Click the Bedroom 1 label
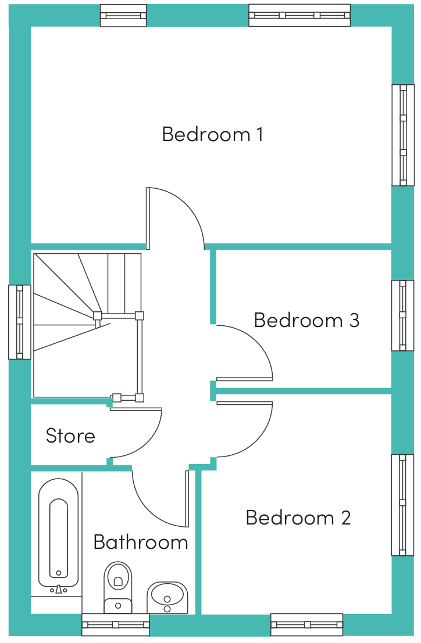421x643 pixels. click(213, 135)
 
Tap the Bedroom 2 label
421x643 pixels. click(298, 518)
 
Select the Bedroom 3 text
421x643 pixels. click(306, 320)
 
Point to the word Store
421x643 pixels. click(70, 436)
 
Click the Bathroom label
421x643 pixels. click(141, 542)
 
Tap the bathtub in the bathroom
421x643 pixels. click(59, 533)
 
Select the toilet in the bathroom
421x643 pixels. click(118, 587)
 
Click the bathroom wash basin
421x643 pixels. click(167, 598)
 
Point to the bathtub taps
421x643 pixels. click(59, 590)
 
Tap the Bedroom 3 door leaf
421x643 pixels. click(245, 379)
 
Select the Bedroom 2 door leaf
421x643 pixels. click(245, 403)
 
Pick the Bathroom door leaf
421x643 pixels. click(187, 498)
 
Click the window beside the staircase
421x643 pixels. click(20, 322)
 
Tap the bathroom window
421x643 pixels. click(116, 624)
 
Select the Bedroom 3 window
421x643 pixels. click(403, 316)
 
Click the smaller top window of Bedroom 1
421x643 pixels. click(123, 16)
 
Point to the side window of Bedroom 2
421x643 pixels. click(403, 505)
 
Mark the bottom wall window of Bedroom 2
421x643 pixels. click(307, 624)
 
